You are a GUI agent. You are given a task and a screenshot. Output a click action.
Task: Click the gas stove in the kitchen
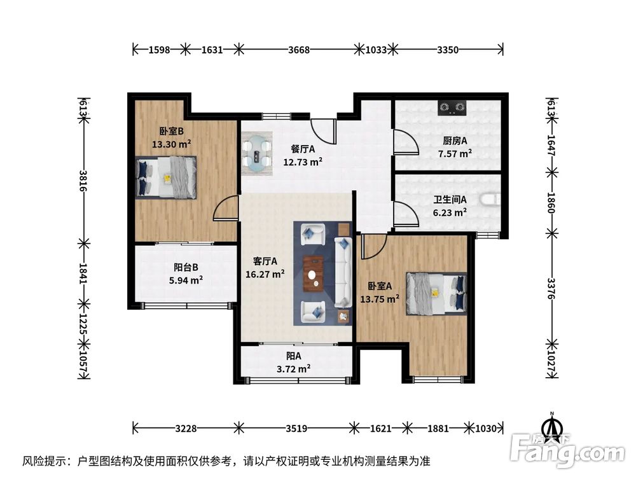[452, 107]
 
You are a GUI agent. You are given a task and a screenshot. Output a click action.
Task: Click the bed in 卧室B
[166, 177]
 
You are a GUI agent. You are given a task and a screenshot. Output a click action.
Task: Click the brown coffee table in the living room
[314, 273]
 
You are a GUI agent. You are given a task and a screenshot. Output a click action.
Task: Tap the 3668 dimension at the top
[299, 50]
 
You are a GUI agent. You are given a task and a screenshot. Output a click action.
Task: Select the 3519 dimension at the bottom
[296, 428]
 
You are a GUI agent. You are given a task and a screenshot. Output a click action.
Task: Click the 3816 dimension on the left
[83, 181]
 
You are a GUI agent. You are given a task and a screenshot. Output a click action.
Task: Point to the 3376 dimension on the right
[551, 289]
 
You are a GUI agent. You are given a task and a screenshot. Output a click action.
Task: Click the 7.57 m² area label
[455, 154]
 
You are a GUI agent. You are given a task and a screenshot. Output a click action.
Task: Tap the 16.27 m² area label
[265, 274]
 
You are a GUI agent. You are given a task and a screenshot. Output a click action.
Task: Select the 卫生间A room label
[450, 200]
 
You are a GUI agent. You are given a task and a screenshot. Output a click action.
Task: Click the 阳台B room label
[186, 267]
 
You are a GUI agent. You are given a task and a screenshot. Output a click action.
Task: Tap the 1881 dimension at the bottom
[438, 428]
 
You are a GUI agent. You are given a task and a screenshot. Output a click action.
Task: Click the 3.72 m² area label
[294, 369]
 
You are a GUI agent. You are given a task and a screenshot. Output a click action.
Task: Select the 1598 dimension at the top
[160, 50]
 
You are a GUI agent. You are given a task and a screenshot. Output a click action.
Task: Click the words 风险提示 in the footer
[45, 461]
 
